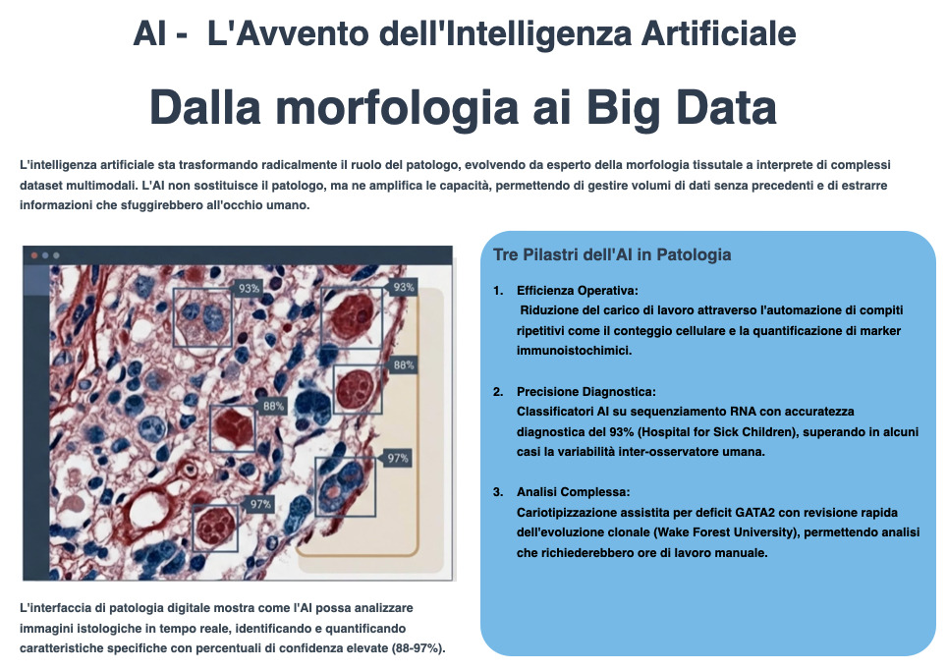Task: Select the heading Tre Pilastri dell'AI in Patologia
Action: (x=612, y=254)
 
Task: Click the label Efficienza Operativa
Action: (x=577, y=291)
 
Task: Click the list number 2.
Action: (x=498, y=391)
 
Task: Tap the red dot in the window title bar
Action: (x=34, y=255)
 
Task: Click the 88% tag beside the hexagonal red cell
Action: (x=273, y=406)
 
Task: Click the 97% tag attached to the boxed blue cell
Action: (x=397, y=459)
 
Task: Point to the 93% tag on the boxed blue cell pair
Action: (x=249, y=289)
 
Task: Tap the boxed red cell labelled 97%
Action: (x=214, y=529)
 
